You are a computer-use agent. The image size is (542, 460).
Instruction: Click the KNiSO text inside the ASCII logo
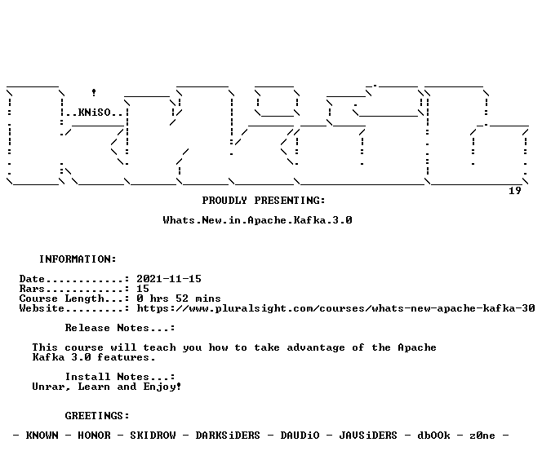coord(95,113)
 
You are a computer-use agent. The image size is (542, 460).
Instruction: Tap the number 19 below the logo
coord(515,191)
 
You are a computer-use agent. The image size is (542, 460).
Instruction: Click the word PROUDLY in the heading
coord(224,201)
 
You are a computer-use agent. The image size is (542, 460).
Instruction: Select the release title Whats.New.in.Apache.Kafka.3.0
coord(257,220)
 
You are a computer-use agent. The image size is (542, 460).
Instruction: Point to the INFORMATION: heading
coord(78,259)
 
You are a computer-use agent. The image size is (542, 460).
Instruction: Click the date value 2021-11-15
coord(169,279)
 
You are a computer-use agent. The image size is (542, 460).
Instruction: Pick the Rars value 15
coord(143,289)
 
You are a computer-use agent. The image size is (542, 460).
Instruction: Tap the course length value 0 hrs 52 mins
coord(179,299)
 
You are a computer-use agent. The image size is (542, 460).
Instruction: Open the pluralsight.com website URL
coord(335,308)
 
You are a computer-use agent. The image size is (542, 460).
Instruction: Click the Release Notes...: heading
coord(120,328)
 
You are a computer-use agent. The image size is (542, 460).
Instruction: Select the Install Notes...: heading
coord(120,377)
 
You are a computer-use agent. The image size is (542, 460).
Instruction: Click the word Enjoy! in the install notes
coord(162,387)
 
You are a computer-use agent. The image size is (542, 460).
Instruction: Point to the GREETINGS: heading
coord(97,415)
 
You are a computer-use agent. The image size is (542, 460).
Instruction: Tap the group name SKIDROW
coord(153,436)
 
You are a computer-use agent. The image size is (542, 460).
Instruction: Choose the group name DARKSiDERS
coord(228,436)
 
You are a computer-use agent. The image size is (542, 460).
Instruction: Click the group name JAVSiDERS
coord(368,436)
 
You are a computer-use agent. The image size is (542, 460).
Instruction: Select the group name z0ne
coord(482,436)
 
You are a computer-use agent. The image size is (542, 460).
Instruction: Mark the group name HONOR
coord(94,436)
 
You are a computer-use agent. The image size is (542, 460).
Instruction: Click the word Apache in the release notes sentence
coord(417,347)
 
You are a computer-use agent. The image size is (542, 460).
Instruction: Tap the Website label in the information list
coord(42,308)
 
